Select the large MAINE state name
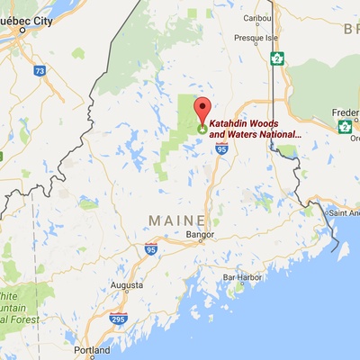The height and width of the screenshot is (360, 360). point(176,219)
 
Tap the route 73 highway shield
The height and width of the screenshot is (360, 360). point(39,69)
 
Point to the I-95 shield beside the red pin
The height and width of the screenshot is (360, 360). point(221,149)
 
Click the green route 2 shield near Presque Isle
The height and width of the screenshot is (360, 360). point(278,59)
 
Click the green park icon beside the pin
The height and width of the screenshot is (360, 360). point(202,129)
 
